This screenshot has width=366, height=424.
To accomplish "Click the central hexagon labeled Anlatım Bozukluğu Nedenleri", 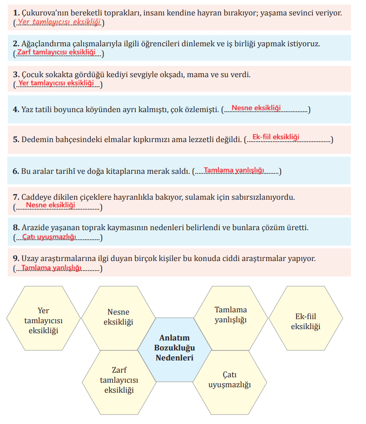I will (174, 348).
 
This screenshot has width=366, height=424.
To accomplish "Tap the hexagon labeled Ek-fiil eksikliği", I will (306, 321).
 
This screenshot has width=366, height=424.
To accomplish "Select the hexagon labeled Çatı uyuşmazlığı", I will (229, 380).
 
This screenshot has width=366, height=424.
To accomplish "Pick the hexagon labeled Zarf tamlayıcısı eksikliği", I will (119, 380).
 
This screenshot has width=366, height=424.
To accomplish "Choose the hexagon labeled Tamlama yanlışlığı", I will (230, 315).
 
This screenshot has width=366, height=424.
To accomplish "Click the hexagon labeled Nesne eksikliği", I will (118, 317).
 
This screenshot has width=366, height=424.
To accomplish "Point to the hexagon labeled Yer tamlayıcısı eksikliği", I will (43, 320).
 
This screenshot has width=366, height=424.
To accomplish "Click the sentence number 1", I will (16, 13).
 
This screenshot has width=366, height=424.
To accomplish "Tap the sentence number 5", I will (16, 139).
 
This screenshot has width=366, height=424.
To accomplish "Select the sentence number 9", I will (16, 259).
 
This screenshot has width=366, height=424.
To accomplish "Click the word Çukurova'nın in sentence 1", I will (43, 13).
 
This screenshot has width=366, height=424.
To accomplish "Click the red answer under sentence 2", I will (56, 53).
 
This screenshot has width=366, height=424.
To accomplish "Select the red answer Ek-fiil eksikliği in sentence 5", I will (276, 137).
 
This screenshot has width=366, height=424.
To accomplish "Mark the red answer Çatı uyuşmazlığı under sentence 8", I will (49, 237).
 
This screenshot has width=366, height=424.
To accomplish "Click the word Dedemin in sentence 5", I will (36, 139).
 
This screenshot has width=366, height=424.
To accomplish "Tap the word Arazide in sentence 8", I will (35, 227).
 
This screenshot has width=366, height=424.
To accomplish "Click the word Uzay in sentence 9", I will (30, 259).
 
